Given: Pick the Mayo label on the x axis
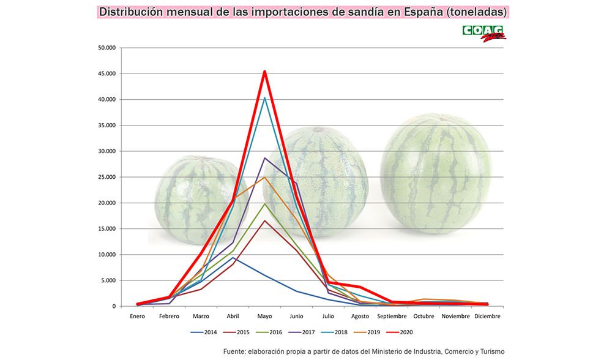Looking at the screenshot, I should (x=264, y=317).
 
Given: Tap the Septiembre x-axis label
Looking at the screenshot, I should (x=392, y=317).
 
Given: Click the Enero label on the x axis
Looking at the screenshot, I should (x=138, y=317).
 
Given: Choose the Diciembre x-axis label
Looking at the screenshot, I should (x=487, y=317).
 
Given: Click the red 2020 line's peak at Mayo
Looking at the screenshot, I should (x=264, y=72).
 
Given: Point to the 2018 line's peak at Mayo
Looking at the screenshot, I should (x=264, y=98).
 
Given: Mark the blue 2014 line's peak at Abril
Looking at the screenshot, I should (x=233, y=258).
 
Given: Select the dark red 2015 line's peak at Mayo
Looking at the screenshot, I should (x=264, y=220).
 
